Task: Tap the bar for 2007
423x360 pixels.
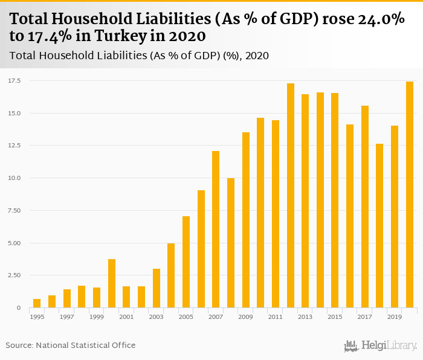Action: point(216,230)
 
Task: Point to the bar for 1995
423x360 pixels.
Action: point(37,303)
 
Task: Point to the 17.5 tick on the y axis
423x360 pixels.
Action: point(15,80)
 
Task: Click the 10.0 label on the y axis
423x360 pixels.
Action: point(15,178)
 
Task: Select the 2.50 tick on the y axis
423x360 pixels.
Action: point(15,275)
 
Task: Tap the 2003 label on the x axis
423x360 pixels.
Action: point(156,317)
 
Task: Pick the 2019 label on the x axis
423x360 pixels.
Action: point(395,317)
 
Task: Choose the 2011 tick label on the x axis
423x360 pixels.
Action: point(276,317)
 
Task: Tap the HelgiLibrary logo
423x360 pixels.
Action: point(381,346)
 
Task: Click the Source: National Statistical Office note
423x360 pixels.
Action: point(71,346)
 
